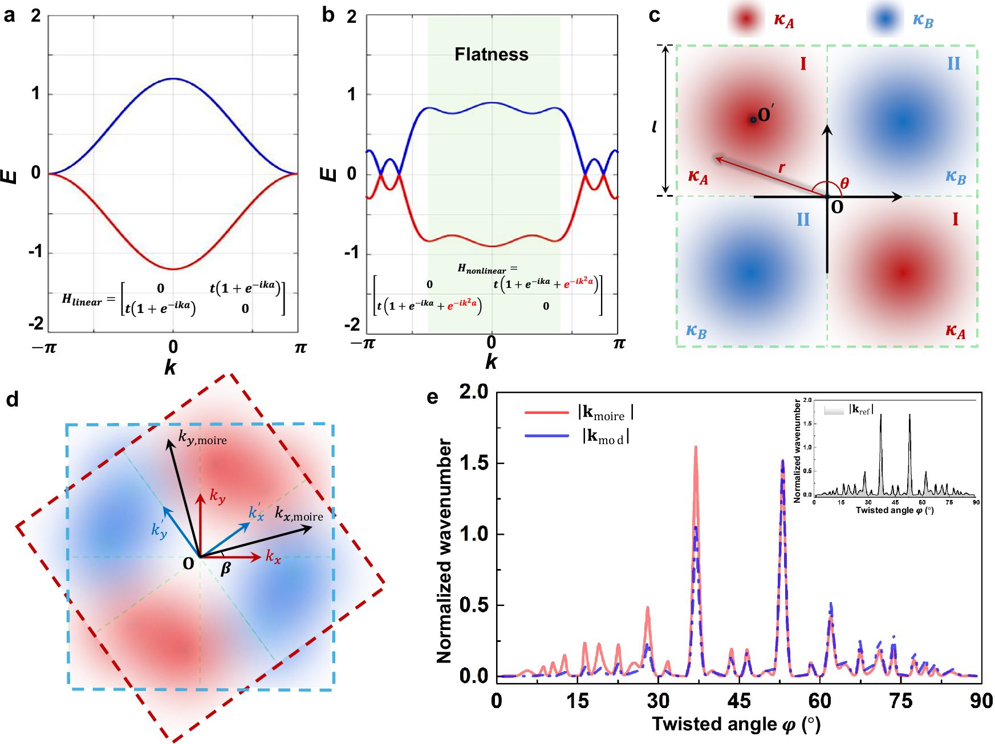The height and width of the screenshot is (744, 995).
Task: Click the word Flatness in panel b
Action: click(491, 54)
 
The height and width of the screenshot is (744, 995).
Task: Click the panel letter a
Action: click(9, 15)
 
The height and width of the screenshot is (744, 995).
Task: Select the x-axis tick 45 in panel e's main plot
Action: click(739, 701)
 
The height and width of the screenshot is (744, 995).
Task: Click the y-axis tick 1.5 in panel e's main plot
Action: click(473, 464)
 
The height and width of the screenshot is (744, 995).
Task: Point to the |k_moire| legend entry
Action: click(606, 412)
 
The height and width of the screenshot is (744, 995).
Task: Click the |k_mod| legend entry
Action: click(606, 436)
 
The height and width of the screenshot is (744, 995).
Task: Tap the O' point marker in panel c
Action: click(753, 120)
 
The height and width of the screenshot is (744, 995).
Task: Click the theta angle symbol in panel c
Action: click(844, 183)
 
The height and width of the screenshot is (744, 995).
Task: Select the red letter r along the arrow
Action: click(782, 167)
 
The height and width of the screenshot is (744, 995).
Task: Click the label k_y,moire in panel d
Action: click(202, 438)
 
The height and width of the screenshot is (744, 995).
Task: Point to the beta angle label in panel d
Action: click(226, 568)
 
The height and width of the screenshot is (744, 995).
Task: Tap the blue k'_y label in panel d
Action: click(159, 529)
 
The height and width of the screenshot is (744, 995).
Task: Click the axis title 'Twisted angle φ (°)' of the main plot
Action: click(736, 725)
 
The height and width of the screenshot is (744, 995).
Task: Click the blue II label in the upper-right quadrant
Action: click(953, 63)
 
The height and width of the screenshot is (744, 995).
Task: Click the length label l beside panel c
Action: click(655, 127)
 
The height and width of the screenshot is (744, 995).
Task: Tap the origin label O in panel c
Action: click(837, 207)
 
